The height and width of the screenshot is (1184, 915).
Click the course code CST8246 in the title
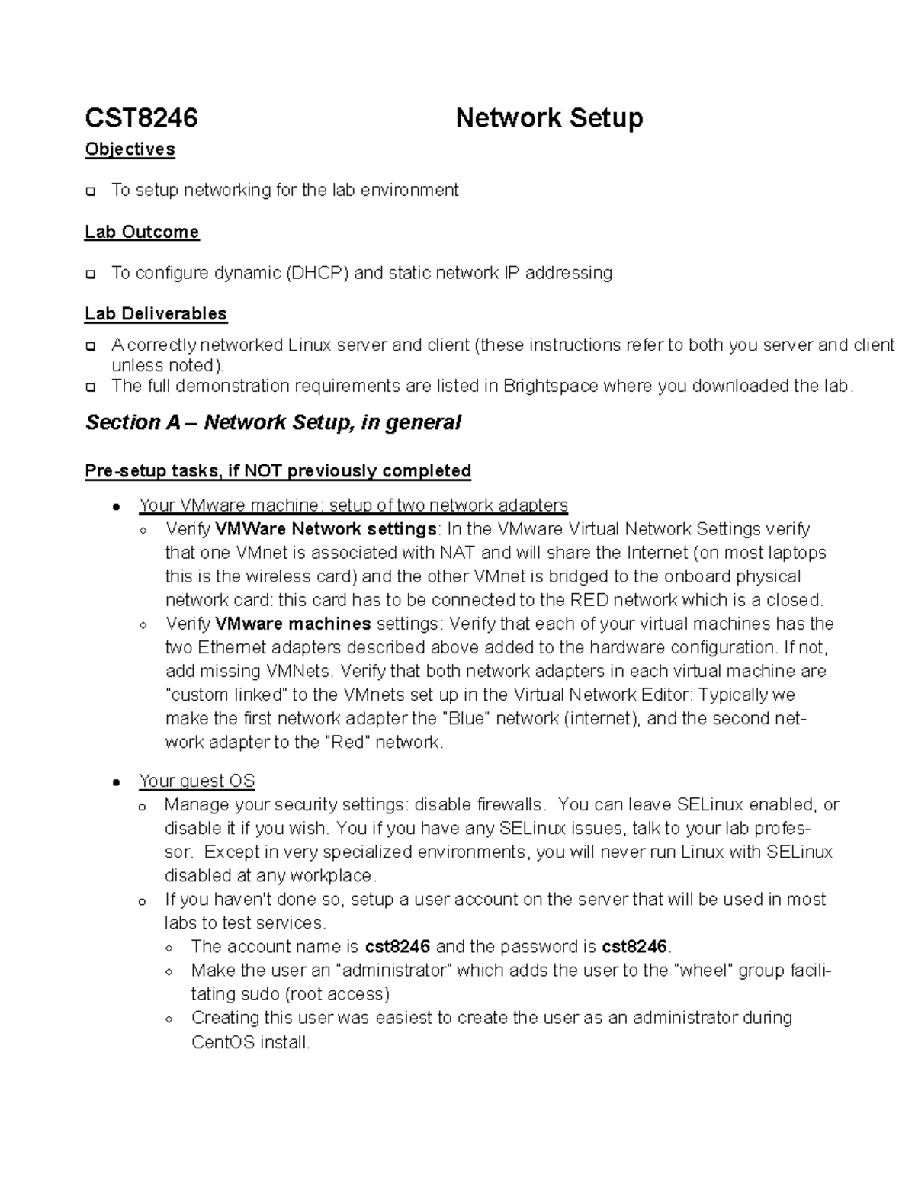pos(141,118)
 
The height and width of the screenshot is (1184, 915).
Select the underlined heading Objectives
pos(130,149)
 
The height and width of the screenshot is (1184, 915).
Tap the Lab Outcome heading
pos(142,232)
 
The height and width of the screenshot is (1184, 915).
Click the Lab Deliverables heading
pos(156,314)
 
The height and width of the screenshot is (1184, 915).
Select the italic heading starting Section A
pos(273,422)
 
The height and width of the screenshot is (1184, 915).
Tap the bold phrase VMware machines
pos(294,624)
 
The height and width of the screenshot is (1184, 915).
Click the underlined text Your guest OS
pos(197,781)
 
